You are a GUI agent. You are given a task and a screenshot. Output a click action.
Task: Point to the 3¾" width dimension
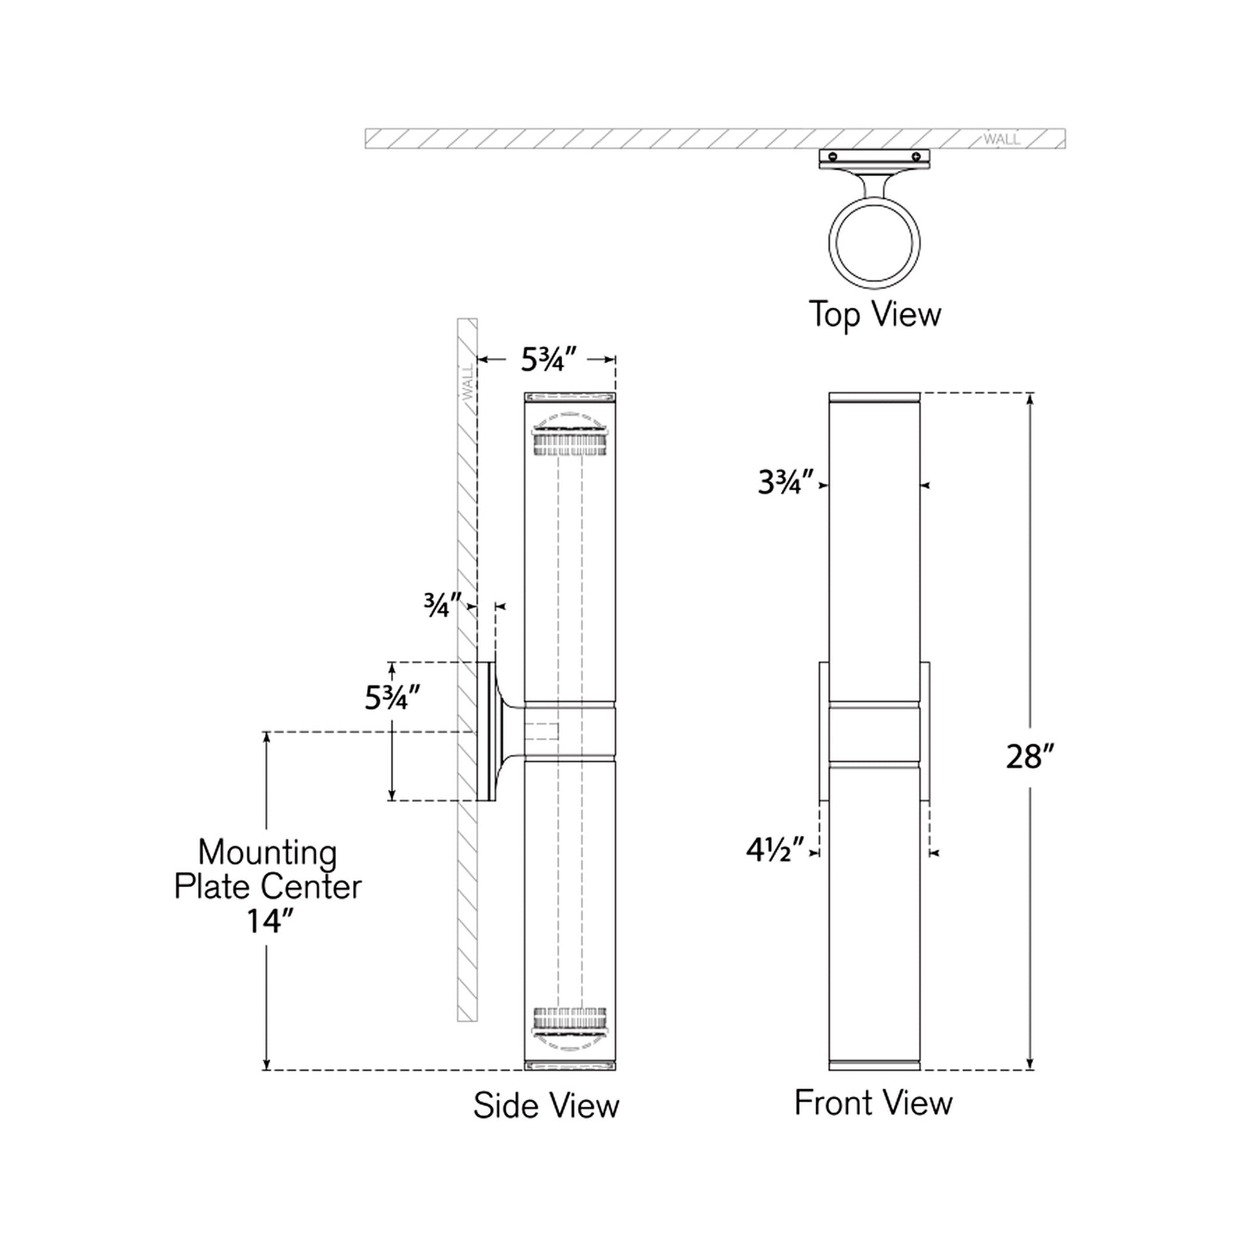coord(786,483)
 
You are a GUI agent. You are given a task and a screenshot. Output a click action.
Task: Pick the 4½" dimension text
coord(775,851)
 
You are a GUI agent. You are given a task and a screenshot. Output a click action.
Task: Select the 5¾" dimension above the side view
coord(548,360)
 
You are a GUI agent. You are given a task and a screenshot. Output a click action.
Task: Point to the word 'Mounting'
coord(267,853)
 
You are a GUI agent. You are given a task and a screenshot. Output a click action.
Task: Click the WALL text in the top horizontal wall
coord(1001,139)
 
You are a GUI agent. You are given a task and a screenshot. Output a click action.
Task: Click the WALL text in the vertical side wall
coord(467,383)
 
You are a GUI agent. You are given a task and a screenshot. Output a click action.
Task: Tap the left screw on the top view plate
coord(833,156)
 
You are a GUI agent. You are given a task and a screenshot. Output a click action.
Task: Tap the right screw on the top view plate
coord(916,156)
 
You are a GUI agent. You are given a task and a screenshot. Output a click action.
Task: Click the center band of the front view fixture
coord(874,732)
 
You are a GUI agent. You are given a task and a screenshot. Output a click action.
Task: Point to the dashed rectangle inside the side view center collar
coord(541,731)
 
